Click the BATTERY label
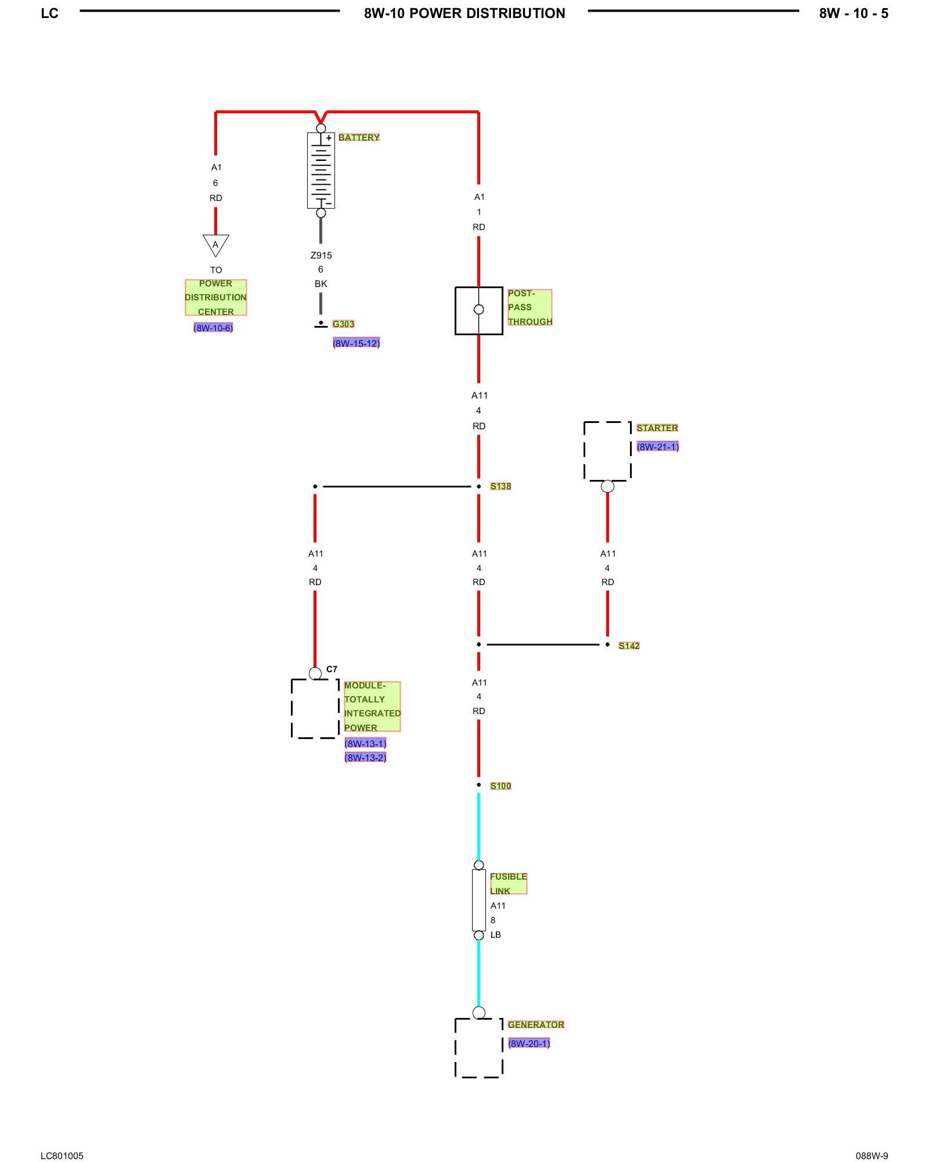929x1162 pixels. tap(359, 138)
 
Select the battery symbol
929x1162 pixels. tap(321, 170)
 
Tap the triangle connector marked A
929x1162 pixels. tap(215, 245)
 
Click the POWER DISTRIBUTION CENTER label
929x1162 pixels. tap(215, 297)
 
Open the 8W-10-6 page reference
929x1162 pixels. tap(213, 328)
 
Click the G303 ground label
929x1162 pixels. tap(343, 324)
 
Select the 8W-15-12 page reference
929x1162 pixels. tap(356, 343)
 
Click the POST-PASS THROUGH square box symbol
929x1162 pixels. tap(478, 310)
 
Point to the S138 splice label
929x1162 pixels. tap(500, 486)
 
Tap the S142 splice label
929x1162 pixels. tap(629, 645)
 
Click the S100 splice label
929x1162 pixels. tap(500, 786)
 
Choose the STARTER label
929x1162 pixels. tap(657, 428)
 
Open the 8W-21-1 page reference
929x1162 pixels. tap(657, 447)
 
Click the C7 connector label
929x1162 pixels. tap(332, 669)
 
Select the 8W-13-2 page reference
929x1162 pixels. tap(365, 758)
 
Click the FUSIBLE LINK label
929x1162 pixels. tap(508, 884)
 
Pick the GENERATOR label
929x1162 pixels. tap(535, 1024)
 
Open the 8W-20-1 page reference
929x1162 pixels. tap(528, 1043)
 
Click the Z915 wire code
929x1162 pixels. tap(321, 256)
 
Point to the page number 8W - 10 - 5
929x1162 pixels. tap(853, 13)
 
